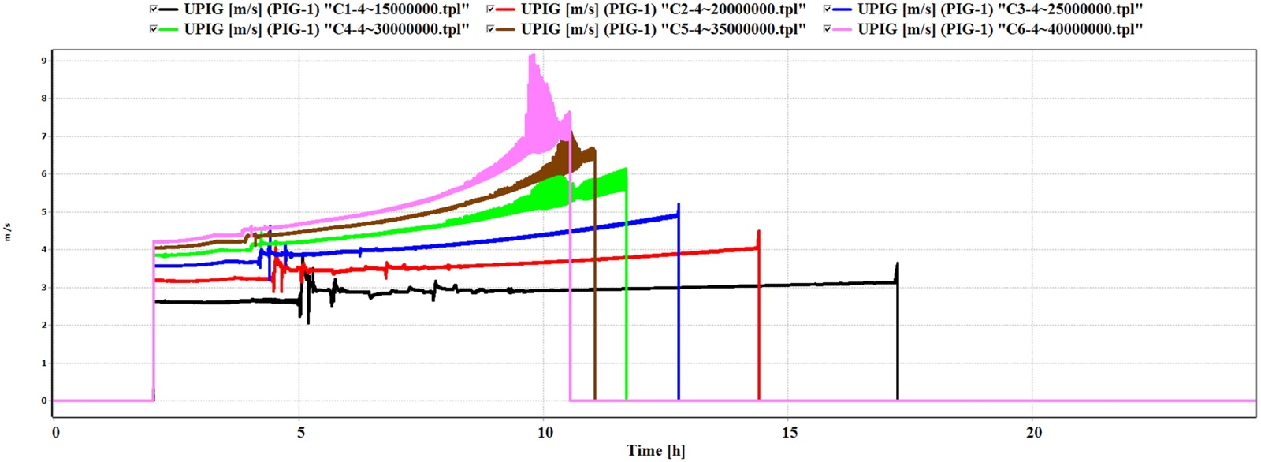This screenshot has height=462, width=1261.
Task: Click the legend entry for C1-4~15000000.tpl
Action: pos(326,9)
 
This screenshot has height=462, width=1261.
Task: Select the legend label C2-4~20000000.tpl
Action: pos(663,9)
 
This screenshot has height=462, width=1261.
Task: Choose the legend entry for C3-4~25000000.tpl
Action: pos(999,9)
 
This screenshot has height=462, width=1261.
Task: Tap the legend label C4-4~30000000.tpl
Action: pos(326,29)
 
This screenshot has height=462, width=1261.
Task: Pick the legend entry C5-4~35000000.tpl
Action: pos(663,29)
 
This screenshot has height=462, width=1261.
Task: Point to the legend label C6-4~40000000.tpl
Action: pos(999,29)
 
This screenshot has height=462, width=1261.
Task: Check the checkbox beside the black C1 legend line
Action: pos(153,9)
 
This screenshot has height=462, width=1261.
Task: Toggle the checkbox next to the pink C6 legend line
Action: pos(826,29)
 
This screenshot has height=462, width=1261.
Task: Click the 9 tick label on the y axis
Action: pos(44,61)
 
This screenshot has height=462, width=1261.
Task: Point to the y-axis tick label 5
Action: pos(44,212)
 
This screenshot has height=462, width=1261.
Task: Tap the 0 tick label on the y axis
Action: pos(44,401)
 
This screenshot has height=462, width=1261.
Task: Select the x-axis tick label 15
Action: pos(789,432)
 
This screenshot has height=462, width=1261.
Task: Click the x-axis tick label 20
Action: pos(1033,432)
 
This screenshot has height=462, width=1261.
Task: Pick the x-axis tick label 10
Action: pos(545,432)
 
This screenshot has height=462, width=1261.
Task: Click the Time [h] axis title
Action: pos(656,451)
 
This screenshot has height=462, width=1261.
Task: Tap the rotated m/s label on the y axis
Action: pos(8,232)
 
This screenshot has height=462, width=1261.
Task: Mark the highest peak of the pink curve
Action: pos(534,54)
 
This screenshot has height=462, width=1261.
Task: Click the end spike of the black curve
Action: pos(897,264)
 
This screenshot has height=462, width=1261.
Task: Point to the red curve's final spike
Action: pos(758,232)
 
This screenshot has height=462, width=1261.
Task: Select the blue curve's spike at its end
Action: pos(679,205)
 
